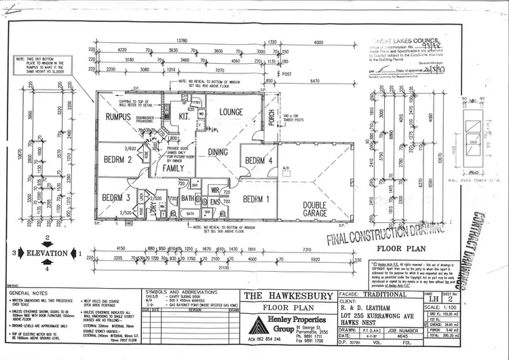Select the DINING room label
point(218,152)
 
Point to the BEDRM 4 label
point(259,161)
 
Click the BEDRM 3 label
point(116,198)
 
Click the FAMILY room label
point(173,168)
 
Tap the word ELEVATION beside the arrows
point(48,253)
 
